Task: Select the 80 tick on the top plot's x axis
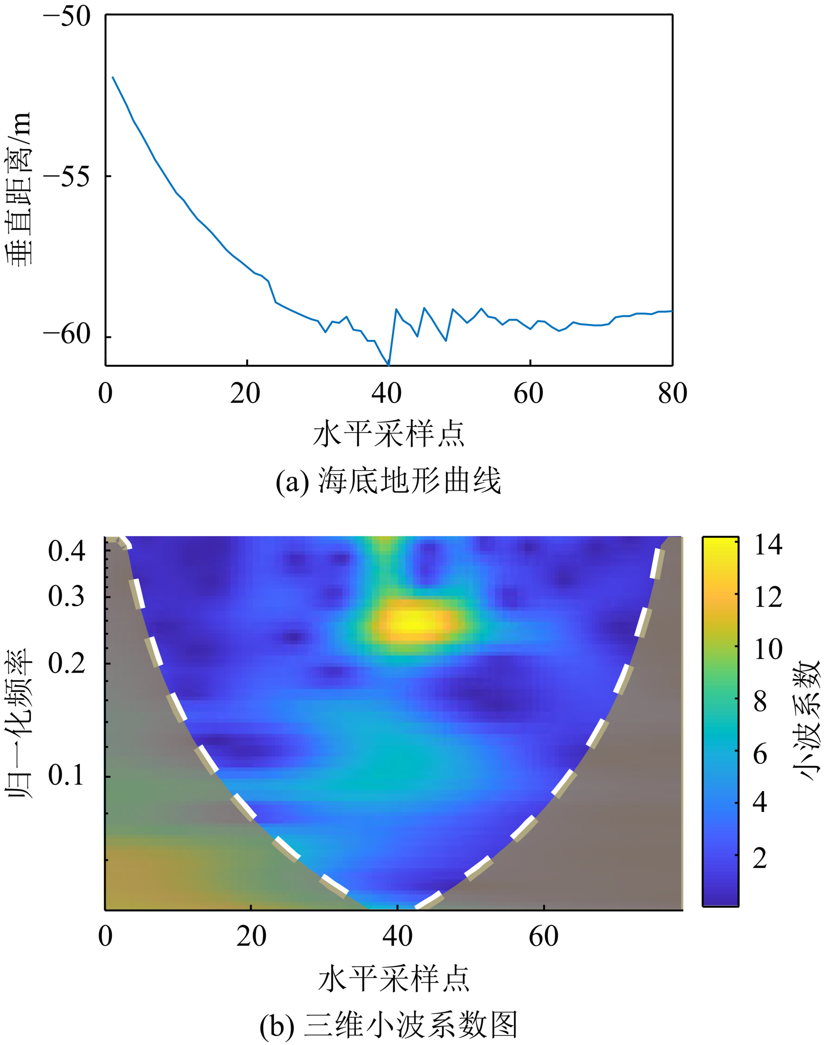tap(672, 394)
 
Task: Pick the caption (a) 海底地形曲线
tap(388, 481)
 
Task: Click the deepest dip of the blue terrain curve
tap(389, 364)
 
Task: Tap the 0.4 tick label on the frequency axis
tap(67, 551)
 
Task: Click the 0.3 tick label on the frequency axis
tap(67, 597)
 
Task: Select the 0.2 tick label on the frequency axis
tap(67, 663)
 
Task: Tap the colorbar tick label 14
tap(768, 545)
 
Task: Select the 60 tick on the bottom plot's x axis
tap(543, 936)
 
